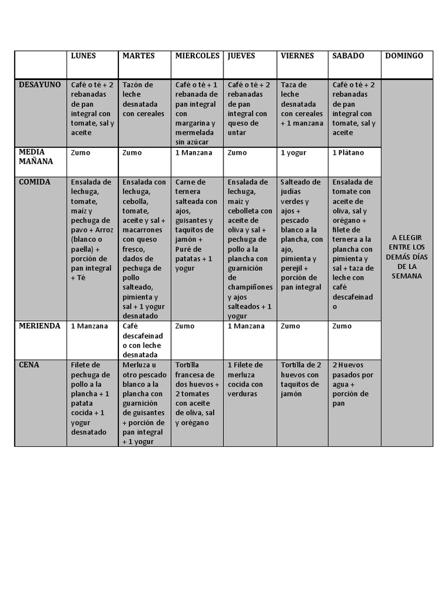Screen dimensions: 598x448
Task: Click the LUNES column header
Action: pos(83,56)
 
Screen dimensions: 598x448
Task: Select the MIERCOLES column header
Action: pos(197,56)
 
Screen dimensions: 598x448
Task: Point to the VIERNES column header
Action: pos(297,56)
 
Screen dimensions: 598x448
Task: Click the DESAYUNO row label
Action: pos(40,85)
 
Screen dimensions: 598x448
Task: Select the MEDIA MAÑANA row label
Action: pos(32,157)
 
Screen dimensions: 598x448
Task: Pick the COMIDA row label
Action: pos(34,182)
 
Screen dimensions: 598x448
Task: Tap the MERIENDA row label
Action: pos(40,326)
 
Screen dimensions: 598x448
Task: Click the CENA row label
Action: pos(30,364)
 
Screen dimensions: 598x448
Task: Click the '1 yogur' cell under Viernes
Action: pos(294,153)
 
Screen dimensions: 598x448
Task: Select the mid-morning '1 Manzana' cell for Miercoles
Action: pos(194,153)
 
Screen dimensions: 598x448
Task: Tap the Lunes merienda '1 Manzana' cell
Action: pos(89,326)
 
